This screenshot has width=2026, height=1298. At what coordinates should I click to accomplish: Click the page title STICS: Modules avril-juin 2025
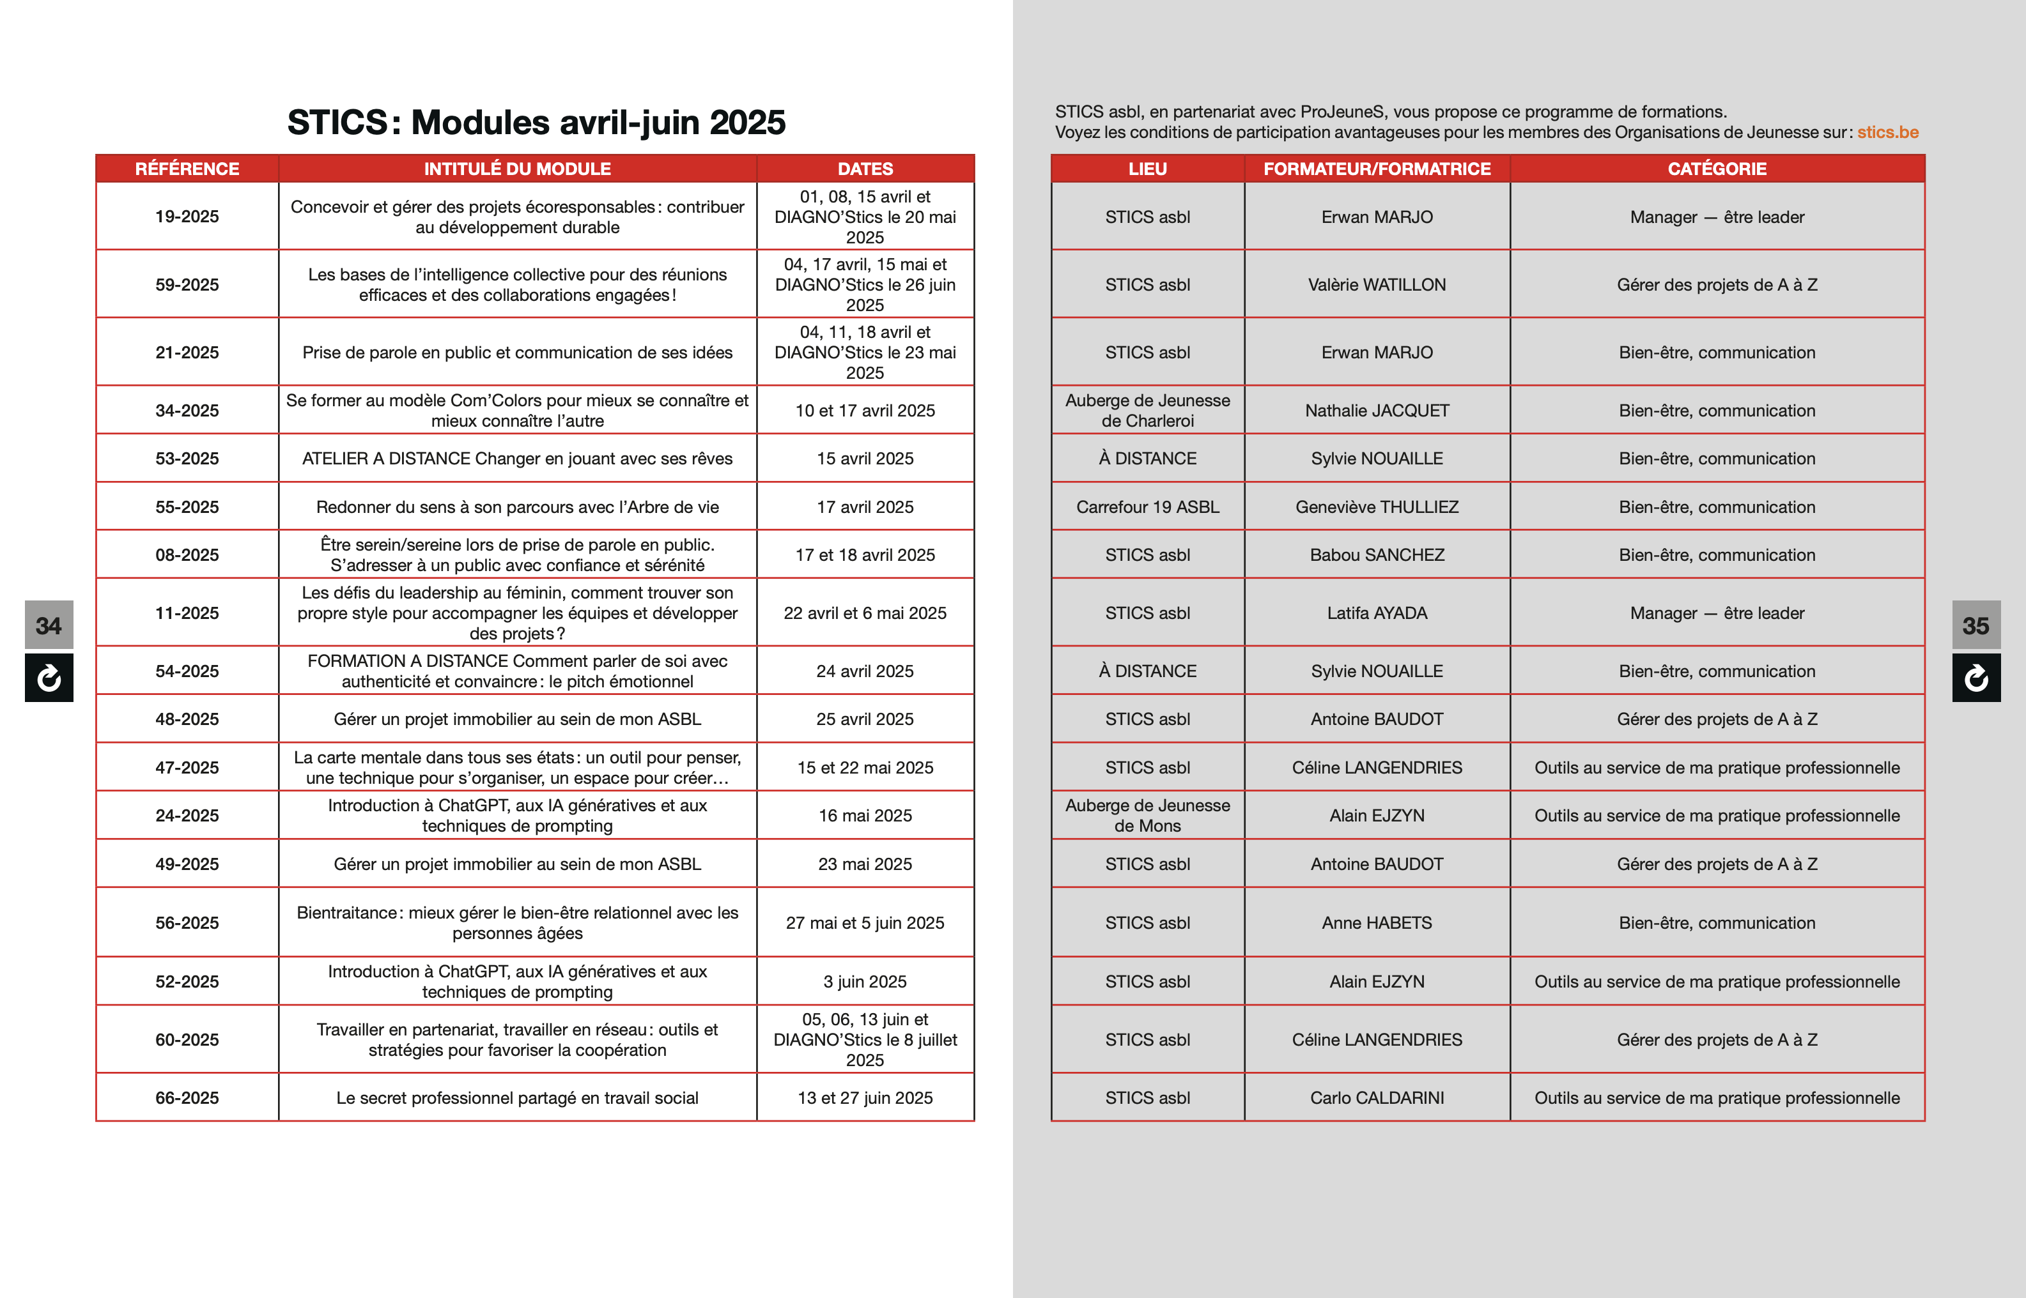coord(536,122)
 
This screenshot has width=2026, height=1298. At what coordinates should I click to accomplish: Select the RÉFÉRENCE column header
coord(187,169)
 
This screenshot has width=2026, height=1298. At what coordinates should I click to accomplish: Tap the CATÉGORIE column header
coord(1717,169)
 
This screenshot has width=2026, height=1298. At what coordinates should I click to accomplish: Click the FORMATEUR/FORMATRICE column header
coord(1377,169)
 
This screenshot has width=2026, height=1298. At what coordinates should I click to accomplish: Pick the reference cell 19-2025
coord(187,217)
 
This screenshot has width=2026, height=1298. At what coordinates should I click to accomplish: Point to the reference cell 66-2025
coord(187,1097)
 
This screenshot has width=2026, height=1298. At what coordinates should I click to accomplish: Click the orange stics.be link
coord(1888,132)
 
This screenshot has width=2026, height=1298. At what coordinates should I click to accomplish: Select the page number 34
coord(49,625)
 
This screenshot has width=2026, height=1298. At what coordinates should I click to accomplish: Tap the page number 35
coord(1976,625)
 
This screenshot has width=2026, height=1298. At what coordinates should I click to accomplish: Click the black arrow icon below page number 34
coord(49,678)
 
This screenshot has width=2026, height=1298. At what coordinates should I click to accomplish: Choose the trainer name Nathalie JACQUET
coord(1377,411)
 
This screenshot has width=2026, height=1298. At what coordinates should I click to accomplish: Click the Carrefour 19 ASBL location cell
coord(1147,507)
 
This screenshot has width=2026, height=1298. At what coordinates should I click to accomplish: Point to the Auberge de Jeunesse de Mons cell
coord(1147,815)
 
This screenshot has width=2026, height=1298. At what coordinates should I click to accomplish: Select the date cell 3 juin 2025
coord(865,981)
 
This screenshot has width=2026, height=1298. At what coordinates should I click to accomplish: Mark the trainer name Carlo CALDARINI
coord(1377,1097)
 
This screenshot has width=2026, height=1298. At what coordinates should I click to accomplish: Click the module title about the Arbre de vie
coord(517,507)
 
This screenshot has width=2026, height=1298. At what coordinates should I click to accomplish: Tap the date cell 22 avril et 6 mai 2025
coord(865,613)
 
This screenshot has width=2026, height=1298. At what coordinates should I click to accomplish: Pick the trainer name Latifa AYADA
coord(1377,613)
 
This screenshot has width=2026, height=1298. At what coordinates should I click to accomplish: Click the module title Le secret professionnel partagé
coord(517,1097)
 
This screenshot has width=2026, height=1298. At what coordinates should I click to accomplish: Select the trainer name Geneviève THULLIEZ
coord(1377,507)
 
